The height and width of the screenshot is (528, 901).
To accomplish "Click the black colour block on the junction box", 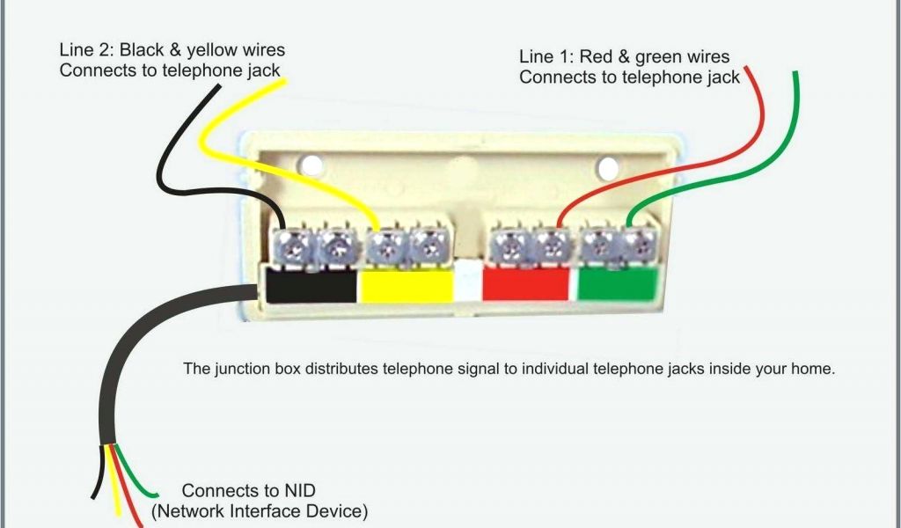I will [311, 285].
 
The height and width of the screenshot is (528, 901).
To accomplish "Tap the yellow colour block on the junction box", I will [406, 285].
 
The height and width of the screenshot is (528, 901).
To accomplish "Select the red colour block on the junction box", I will [526, 284].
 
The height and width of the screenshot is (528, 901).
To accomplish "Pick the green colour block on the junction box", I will [618, 284].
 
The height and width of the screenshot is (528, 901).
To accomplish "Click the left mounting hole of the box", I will [309, 165].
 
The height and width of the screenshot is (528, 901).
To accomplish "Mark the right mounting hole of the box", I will [606, 166].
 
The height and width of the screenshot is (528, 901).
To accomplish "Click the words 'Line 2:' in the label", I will [86, 50].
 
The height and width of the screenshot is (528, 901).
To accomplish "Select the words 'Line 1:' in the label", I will [546, 57].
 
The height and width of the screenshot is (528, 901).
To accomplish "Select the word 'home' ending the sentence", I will [811, 369].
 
